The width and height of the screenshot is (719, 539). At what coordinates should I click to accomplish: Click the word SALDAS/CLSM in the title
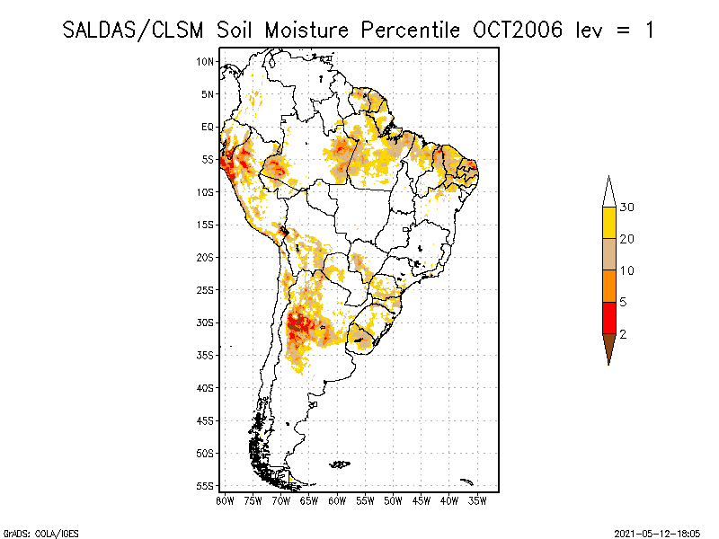[136, 30]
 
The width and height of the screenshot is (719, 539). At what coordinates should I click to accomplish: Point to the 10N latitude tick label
[206, 61]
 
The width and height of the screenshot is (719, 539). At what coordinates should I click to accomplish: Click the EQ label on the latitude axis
[208, 127]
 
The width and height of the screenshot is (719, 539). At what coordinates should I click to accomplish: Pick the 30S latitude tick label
[206, 323]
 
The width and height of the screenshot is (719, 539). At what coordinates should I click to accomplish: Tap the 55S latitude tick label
[206, 486]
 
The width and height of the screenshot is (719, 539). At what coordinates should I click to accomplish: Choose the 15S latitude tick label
[206, 225]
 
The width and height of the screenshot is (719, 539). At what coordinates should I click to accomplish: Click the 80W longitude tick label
[224, 499]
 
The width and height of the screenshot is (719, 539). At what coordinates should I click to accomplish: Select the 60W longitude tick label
[337, 499]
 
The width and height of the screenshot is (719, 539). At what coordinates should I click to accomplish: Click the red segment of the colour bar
[609, 317]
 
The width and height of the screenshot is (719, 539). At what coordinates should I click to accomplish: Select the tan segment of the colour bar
[609, 254]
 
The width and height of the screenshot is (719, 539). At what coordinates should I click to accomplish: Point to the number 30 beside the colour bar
[627, 208]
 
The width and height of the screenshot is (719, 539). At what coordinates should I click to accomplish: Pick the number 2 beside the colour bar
[623, 333]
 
